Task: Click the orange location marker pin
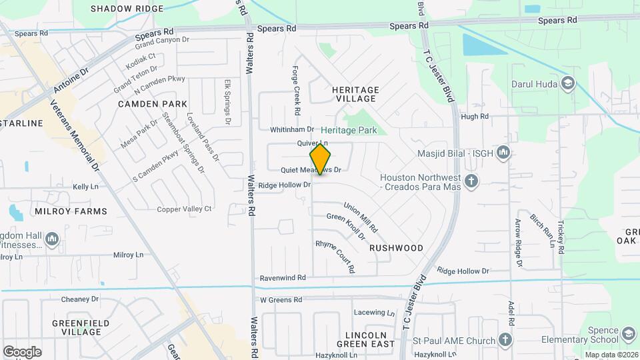[320, 159]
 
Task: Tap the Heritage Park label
[349, 131]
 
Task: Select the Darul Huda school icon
[567, 84]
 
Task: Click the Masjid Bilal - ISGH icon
[503, 154]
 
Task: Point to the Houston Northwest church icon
[471, 181]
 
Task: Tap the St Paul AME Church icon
[505, 341]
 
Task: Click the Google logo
[22, 351]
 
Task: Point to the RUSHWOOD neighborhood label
[396, 248]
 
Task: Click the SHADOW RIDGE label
[127, 9]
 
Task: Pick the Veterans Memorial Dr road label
[75, 137]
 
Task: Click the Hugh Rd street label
[475, 116]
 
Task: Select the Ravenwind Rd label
[283, 277]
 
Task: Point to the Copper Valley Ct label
[184, 209]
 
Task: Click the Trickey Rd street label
[561, 236]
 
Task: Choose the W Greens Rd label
[281, 300]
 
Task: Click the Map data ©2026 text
[611, 355]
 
